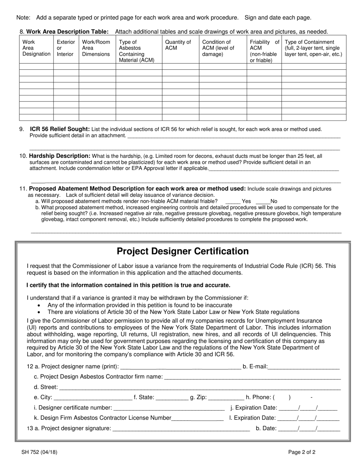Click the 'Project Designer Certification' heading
tap(183, 252)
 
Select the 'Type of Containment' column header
tap(313, 48)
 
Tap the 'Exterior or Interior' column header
tap(66, 48)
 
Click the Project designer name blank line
tap(180, 366)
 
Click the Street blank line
tap(200, 387)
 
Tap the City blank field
tap(93, 397)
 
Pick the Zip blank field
tap(226, 397)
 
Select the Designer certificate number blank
tap(169, 408)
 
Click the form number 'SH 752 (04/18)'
tap(39, 452)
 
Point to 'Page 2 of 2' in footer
tap(302, 452)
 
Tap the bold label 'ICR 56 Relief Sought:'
tap(60, 129)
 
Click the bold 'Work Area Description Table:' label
tap(67, 31)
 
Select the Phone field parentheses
tap(281, 397)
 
